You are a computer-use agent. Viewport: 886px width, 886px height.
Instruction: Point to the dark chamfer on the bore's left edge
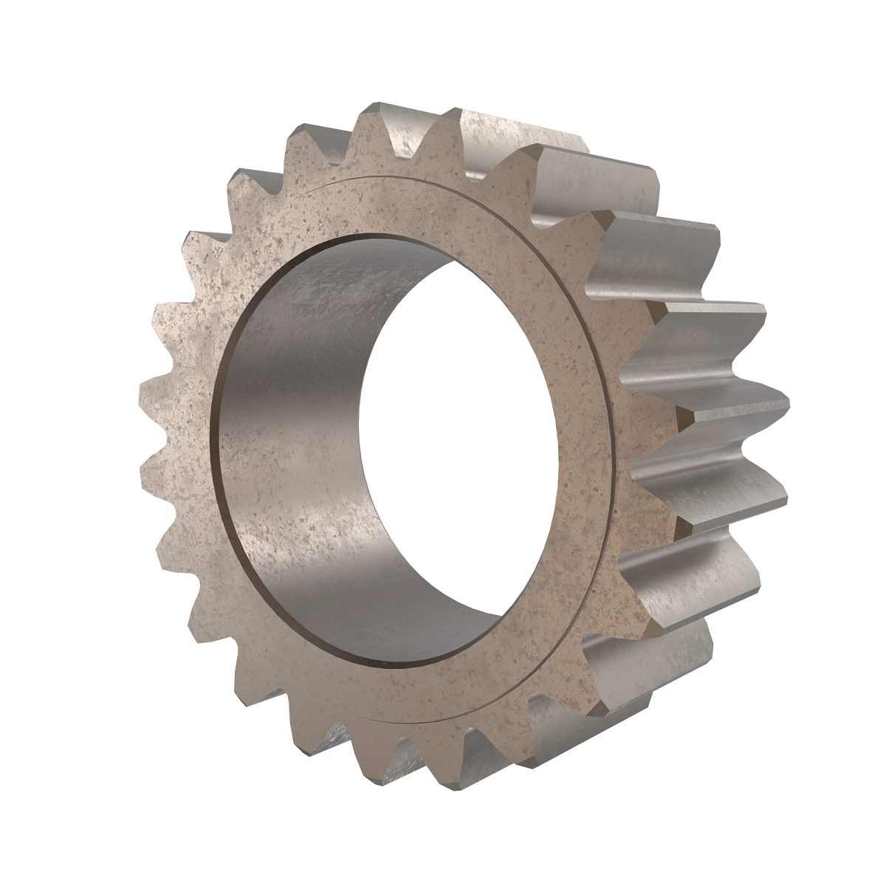pyautogui.click(x=216, y=458)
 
